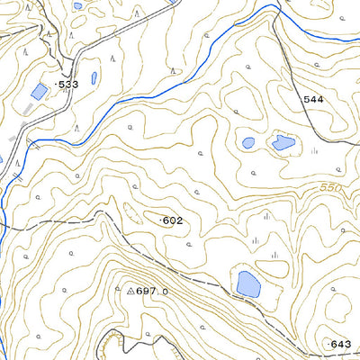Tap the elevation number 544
pos(312,99)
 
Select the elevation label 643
pos(341,344)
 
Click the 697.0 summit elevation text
pos(151,292)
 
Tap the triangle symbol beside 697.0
pos(130,291)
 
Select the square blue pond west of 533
pos(39,92)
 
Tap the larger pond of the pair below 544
pos(283,142)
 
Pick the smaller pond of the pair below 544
pos(248,142)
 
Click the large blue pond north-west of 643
pos(247,284)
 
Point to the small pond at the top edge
pos(77,5)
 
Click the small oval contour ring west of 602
pos(130,213)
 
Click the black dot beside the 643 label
pos(328,344)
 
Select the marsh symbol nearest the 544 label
pos(314,151)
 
